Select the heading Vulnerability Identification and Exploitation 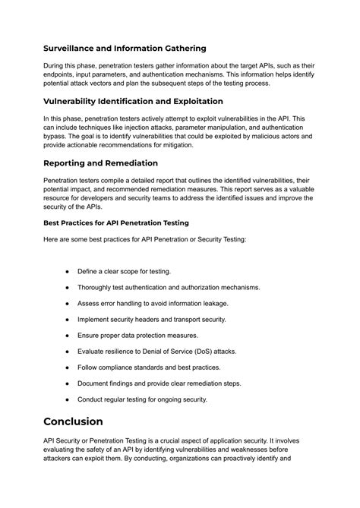(x=133, y=101)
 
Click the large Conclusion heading (x=84, y=421)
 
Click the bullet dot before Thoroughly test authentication (x=68, y=287)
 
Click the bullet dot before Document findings (x=68, y=383)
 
